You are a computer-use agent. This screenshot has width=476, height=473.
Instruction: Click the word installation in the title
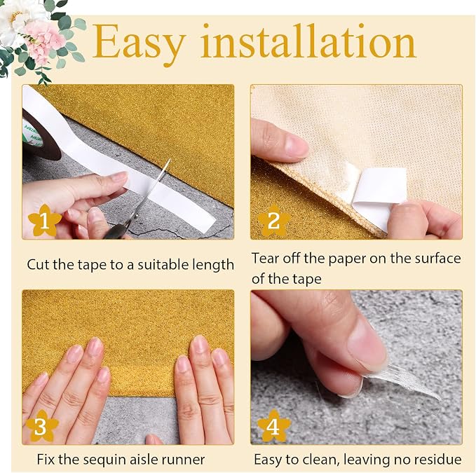pos(308,41)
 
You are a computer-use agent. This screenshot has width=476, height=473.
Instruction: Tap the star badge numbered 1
pos(44,221)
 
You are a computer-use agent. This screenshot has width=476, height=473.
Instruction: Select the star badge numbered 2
pos(274,221)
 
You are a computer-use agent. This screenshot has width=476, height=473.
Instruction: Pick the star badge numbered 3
pos(41,426)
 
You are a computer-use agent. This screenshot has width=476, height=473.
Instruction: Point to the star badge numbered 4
pos(273,426)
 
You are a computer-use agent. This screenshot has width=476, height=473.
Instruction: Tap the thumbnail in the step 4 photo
pos(367,343)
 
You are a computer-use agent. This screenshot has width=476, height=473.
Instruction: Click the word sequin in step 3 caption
pos(103,460)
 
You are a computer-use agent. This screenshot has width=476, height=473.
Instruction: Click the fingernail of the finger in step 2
pos(296,144)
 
